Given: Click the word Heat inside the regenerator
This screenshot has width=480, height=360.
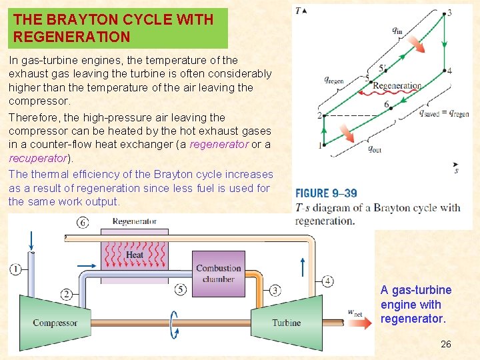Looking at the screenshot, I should pos(134,255).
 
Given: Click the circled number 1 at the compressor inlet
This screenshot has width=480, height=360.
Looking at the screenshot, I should pos(15,269).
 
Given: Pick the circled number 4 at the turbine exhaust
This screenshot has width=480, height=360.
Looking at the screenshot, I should pos(327,281).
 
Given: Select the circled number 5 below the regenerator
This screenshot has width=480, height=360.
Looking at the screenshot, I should pos(181,289).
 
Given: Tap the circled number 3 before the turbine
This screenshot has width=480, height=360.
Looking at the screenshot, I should pos(275,290).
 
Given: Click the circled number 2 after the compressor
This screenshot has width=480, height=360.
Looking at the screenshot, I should pos(67,294).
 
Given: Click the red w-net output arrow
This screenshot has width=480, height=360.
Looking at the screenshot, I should pos(364,323).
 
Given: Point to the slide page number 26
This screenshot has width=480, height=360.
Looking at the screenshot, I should pos(446,344).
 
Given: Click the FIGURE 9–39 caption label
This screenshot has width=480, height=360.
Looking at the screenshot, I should pos(326,193).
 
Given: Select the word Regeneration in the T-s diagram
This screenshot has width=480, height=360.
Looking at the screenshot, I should pos(397,85).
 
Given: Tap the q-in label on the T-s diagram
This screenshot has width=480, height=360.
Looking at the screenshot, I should pos(397,30).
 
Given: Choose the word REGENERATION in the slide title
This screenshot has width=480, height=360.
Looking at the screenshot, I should pos(72,37).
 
